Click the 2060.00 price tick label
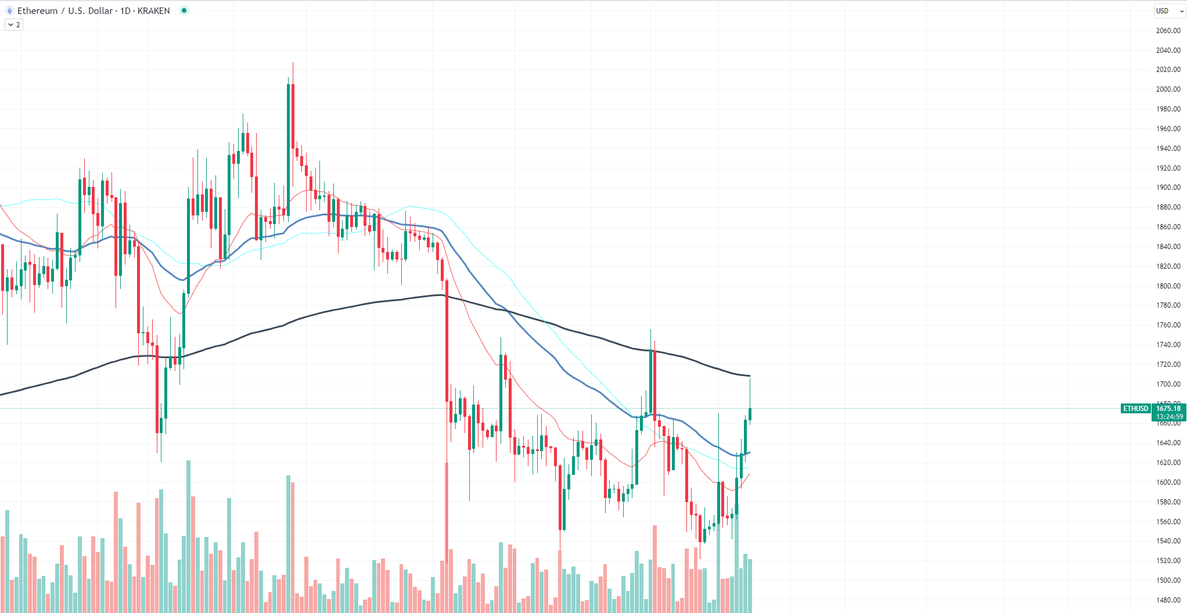(1168, 31)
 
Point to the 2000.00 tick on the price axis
(1168, 89)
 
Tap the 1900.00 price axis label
(1168, 187)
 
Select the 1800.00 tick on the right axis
(1168, 286)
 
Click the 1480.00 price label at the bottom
(1168, 600)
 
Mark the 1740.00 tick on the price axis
(1168, 345)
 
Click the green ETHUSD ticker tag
(1135, 409)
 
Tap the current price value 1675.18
(1168, 409)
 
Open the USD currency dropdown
(1168, 11)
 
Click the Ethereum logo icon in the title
(9, 11)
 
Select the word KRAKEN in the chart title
(153, 11)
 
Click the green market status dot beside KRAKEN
(184, 10)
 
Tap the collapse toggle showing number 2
(14, 25)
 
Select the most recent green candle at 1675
(750, 414)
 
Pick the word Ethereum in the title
(37, 11)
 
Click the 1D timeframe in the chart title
(125, 11)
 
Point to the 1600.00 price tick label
(1168, 482)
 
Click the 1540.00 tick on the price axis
(1168, 541)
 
